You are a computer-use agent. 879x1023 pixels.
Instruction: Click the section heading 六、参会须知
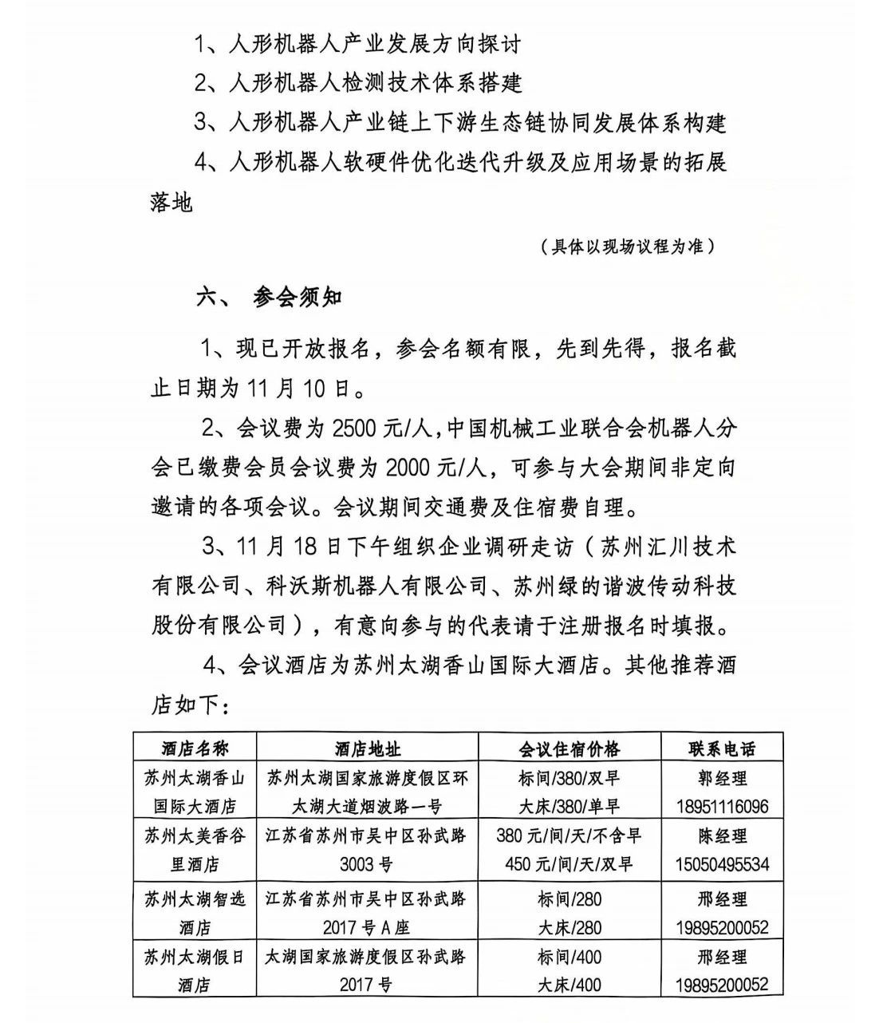(x=270, y=298)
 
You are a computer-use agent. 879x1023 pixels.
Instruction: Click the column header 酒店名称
(x=195, y=748)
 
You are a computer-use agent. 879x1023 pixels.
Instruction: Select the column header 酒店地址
(x=367, y=748)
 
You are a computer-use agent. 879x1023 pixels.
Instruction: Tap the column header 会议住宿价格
(x=569, y=748)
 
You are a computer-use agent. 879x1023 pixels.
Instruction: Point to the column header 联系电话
(x=722, y=748)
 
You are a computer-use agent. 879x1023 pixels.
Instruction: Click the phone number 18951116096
(x=722, y=806)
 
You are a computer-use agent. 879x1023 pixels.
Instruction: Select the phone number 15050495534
(x=722, y=864)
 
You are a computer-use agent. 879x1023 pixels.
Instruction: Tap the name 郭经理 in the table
(x=722, y=778)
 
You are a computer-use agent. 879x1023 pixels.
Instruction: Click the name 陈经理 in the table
(x=722, y=836)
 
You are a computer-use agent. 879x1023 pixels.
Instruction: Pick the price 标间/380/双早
(x=569, y=778)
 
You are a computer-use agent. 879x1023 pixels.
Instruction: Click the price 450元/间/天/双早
(x=569, y=864)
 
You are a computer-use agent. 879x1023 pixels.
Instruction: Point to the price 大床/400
(x=569, y=985)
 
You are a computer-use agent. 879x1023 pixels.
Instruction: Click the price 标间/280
(x=569, y=899)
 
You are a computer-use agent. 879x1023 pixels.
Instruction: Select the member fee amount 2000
(x=407, y=467)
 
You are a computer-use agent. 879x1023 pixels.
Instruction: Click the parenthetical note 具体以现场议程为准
(x=627, y=246)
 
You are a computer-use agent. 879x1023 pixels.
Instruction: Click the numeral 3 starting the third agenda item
(x=203, y=122)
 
